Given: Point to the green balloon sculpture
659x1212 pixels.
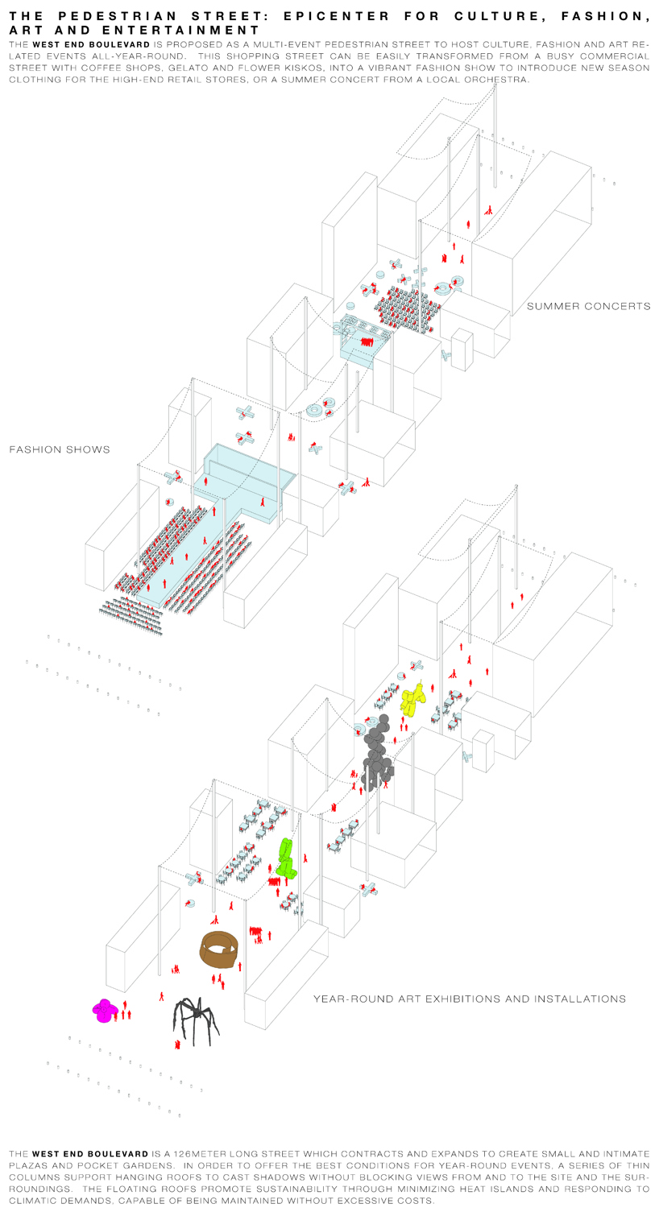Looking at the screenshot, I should [286, 859].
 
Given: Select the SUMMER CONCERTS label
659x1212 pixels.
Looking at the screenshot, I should [588, 306].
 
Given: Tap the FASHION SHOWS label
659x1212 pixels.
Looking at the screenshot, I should [60, 449].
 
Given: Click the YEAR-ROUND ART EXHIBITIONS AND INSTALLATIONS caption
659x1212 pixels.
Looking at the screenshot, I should [469, 999].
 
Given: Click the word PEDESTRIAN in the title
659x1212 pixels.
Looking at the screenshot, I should [149, 16].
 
